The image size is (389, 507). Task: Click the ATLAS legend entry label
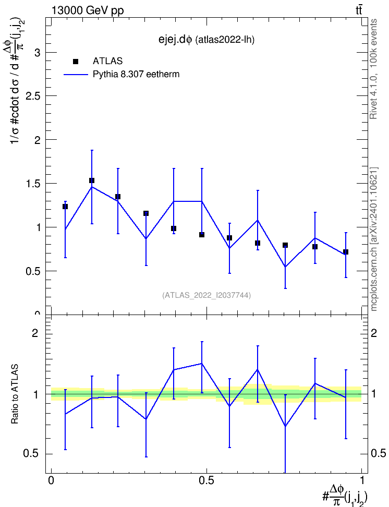[x=107, y=61]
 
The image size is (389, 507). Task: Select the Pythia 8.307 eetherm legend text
[x=136, y=75]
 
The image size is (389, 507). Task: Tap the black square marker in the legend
[x=76, y=62]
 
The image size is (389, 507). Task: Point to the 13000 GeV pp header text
[x=87, y=10]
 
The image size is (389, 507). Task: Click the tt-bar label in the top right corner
[x=359, y=10]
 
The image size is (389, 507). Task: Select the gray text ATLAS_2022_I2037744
[x=206, y=295]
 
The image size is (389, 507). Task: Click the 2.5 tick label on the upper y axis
[x=33, y=96]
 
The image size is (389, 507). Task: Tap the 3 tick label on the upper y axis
[x=38, y=52]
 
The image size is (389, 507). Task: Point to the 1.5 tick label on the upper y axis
[x=33, y=184]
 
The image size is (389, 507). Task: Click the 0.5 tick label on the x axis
[x=206, y=480]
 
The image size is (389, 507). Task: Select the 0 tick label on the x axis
[x=51, y=480]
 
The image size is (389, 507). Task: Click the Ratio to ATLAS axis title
[x=15, y=394]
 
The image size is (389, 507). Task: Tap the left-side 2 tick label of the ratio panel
[x=35, y=333]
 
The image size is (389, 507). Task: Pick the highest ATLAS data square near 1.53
[x=92, y=180]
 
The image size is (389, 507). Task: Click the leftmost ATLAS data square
[x=65, y=207]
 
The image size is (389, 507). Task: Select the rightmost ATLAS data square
[x=346, y=252]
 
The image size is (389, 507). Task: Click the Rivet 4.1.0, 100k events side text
[x=374, y=69]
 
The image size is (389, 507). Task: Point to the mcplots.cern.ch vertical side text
[x=374, y=239]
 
